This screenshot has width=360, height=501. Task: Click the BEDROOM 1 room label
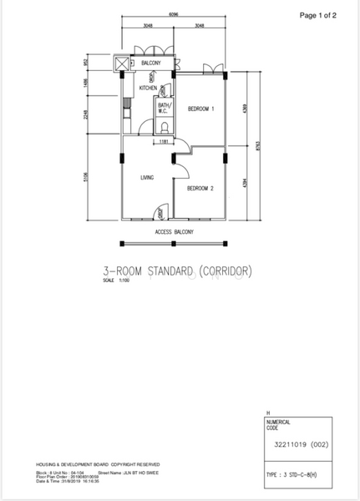pyautogui.click(x=201, y=109)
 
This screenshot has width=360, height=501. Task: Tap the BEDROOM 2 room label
pyautogui.click(x=200, y=189)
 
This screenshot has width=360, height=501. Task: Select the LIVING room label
pyautogui.click(x=147, y=177)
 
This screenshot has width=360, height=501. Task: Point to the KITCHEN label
pyautogui.click(x=149, y=88)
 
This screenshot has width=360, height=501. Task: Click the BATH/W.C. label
pyautogui.click(x=164, y=108)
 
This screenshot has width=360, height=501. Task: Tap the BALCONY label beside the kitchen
pyautogui.click(x=150, y=63)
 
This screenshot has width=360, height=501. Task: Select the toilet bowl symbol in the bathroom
pyautogui.click(x=164, y=127)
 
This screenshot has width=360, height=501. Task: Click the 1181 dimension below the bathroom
pyautogui.click(x=165, y=142)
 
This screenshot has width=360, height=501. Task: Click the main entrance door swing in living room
pyautogui.click(x=149, y=213)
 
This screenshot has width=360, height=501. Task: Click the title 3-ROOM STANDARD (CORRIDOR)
pyautogui.click(x=177, y=271)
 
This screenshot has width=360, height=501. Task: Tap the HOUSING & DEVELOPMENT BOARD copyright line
pyautogui.click(x=98, y=463)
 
